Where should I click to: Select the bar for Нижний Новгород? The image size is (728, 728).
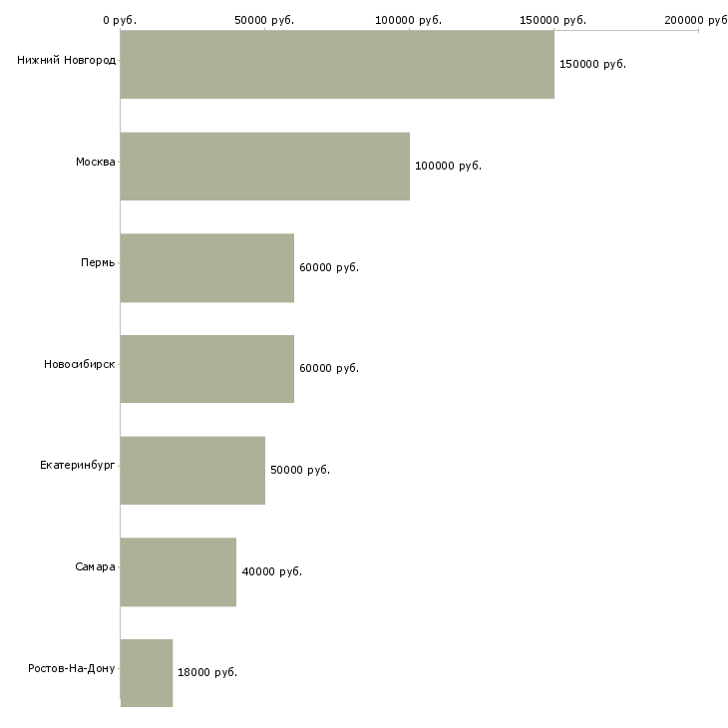[x=337, y=65]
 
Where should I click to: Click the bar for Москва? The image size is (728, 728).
[x=265, y=167]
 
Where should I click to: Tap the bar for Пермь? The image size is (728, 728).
[x=207, y=268]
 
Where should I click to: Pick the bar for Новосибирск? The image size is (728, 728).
[x=207, y=369]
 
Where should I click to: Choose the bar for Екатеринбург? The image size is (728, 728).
[x=192, y=471]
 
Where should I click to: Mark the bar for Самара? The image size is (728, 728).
[x=179, y=572]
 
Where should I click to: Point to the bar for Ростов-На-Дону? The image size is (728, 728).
[x=147, y=673]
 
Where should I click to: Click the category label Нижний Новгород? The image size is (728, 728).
[x=66, y=60]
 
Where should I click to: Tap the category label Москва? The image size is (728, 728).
[x=96, y=162]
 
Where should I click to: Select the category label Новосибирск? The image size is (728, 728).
[x=80, y=364]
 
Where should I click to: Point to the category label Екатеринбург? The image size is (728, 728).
[x=78, y=466]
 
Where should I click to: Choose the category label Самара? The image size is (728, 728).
[x=95, y=567]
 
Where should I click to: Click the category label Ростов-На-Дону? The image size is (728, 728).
[x=72, y=668]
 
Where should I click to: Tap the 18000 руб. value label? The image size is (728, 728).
[x=207, y=673]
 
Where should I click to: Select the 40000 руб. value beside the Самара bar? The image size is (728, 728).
[x=271, y=572]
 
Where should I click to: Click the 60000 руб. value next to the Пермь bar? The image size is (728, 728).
[x=329, y=268]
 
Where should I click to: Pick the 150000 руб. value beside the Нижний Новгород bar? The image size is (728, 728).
[x=592, y=65]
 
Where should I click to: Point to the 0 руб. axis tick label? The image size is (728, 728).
[x=120, y=20]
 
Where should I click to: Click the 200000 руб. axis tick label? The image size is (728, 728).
[x=697, y=20]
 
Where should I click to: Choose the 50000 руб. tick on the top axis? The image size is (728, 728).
[x=264, y=20]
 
